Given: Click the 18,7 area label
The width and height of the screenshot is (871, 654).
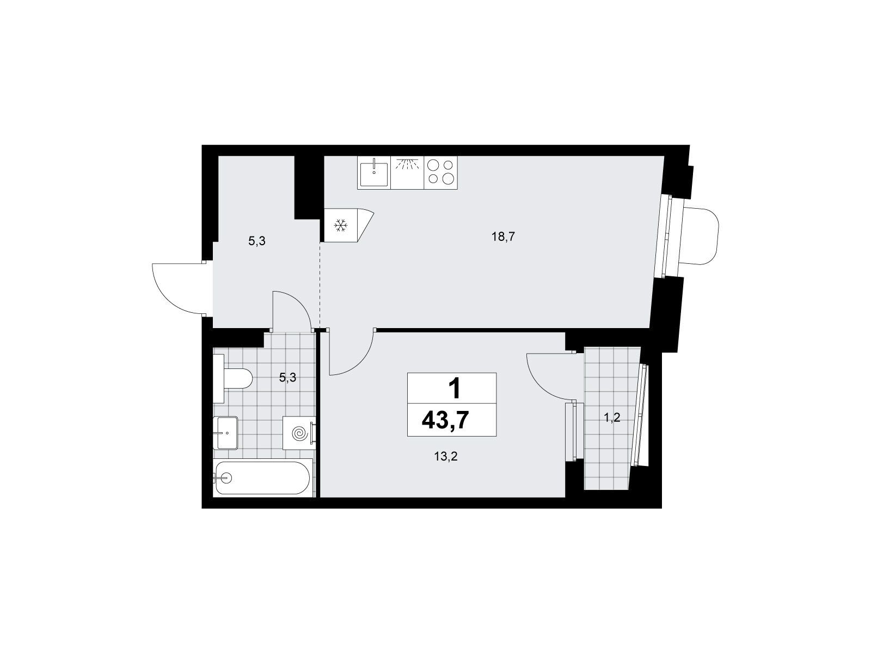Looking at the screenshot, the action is click(x=503, y=237).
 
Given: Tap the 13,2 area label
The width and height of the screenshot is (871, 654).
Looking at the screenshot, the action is click(x=446, y=457).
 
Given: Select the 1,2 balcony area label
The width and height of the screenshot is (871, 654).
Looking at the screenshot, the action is click(x=612, y=417).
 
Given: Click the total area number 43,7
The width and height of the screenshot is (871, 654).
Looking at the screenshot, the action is click(x=445, y=420).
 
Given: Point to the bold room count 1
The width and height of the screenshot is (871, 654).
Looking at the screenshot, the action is click(x=455, y=389).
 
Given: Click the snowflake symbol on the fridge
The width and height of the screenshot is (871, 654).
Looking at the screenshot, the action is click(x=340, y=226).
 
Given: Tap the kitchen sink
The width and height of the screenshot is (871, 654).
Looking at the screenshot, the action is click(x=374, y=173).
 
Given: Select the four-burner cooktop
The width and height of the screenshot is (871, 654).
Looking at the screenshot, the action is click(x=440, y=172).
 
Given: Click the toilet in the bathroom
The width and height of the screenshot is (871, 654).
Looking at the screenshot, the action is click(x=232, y=378).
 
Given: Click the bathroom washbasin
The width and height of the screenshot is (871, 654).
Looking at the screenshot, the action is click(x=225, y=433).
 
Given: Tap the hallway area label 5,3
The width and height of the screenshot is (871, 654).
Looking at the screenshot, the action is click(x=257, y=241).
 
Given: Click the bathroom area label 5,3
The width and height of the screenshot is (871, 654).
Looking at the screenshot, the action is click(x=287, y=378).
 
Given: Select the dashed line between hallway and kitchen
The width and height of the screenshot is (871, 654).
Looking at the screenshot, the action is click(x=320, y=284).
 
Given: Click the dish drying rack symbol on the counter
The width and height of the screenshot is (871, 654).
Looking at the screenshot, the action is click(x=407, y=165).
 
